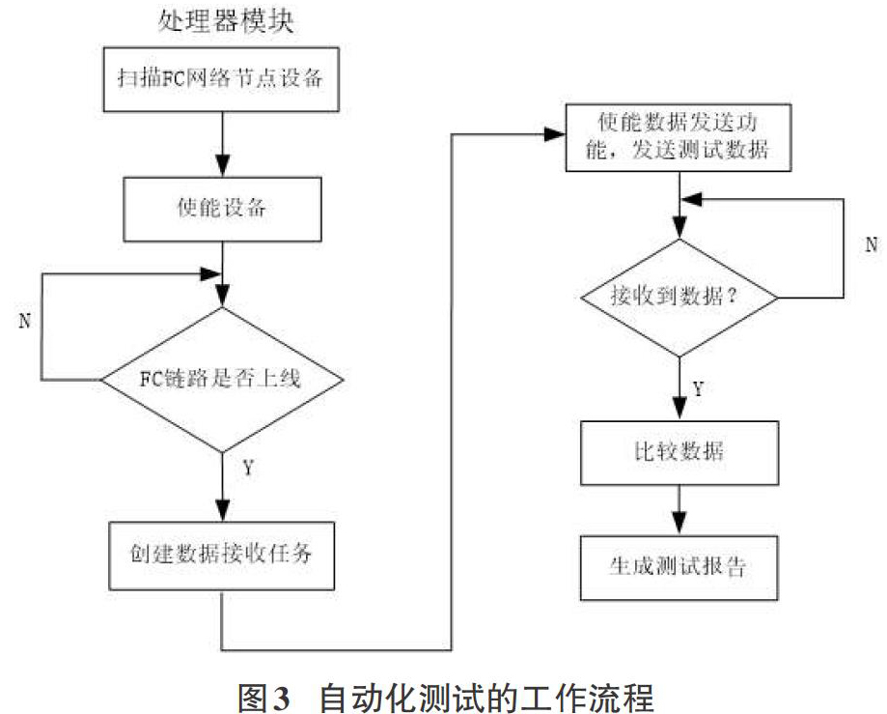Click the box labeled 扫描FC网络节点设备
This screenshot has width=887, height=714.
tap(221, 79)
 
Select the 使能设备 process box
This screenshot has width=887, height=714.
tap(222, 210)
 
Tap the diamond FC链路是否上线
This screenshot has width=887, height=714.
tap(222, 380)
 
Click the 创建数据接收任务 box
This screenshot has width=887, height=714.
tap(221, 556)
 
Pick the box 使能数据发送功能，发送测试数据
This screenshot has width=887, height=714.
tap(679, 137)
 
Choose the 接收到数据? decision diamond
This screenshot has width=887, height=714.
tap(679, 298)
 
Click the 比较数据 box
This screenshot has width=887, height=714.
tap(679, 453)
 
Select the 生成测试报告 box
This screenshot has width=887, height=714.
tap(679, 567)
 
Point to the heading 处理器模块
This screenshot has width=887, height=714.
tap(226, 22)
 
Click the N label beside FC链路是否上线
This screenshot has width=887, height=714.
tap(24, 321)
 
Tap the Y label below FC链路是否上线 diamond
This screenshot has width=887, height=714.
tap(248, 468)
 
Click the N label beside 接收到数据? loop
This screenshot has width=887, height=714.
tap(872, 244)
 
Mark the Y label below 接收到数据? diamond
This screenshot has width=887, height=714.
tap(699, 389)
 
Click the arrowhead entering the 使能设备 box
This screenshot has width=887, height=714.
tap(222, 165)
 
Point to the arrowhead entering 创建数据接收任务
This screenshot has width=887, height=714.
tap(223, 509)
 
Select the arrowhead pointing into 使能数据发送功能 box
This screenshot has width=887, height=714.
tap(554, 134)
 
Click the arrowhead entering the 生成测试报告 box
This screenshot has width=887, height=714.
tap(679, 524)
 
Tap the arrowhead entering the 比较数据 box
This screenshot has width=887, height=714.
tap(679, 409)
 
